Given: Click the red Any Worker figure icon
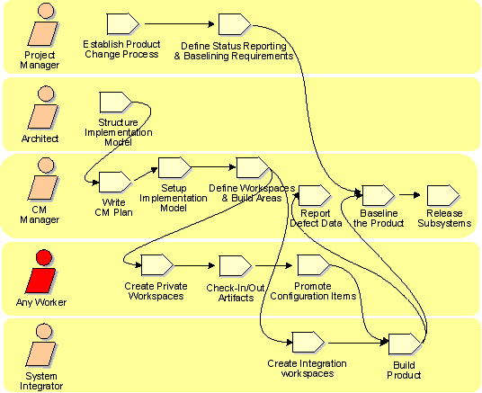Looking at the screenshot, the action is [41, 272].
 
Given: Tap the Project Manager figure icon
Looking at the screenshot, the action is [44, 24].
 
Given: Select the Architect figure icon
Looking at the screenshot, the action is [44, 107].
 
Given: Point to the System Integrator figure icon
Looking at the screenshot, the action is [42, 345].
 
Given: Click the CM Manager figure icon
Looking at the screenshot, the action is [44, 179].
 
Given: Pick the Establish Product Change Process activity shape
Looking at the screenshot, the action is [123, 23].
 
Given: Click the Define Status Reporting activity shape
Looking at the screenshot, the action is [235, 24].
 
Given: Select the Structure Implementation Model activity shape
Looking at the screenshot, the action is [116, 103].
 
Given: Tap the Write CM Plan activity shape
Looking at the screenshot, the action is [115, 182].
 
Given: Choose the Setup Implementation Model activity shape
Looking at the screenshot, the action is [174, 167].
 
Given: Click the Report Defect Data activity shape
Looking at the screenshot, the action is [315, 195].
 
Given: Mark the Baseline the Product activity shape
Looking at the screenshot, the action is [379, 195].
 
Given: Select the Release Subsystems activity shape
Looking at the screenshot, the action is [443, 195].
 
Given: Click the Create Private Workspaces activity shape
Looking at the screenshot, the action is [157, 265].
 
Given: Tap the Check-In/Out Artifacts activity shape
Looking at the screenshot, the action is [236, 266].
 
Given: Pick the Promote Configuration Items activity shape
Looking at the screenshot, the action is [314, 265].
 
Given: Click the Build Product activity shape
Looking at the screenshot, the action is [405, 344].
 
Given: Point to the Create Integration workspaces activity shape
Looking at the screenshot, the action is [308, 343].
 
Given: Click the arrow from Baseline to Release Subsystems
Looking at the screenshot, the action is [410, 195].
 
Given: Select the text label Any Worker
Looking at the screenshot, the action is [41, 302].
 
